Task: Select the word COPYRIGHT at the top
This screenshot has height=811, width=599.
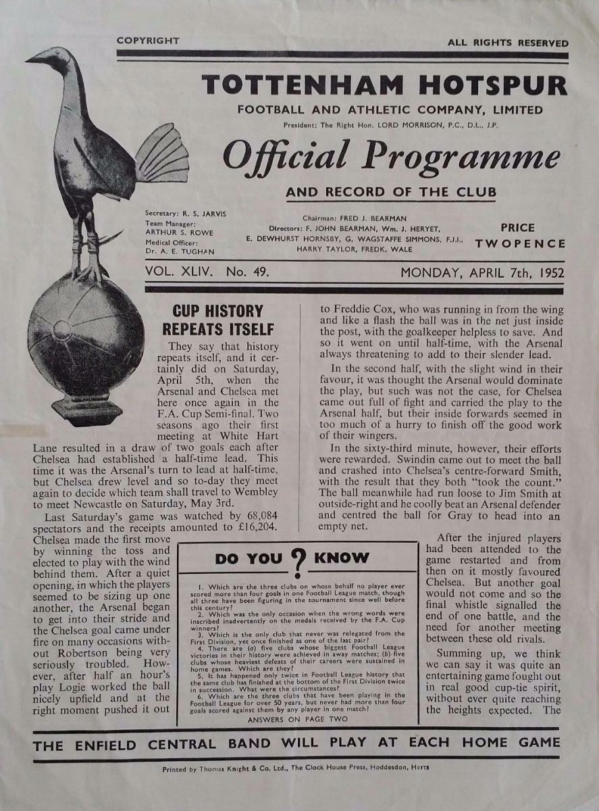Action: pos(148,41)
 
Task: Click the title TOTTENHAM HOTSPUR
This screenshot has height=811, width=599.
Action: pos(384,85)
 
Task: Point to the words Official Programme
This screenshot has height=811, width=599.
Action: pos(391,157)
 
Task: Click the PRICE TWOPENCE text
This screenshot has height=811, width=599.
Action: pos(518,236)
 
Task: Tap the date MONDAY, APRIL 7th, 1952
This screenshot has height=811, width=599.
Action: pos(482,273)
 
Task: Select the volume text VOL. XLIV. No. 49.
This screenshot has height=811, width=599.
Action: pos(207,273)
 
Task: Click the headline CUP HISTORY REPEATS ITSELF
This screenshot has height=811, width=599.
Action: pos(217,320)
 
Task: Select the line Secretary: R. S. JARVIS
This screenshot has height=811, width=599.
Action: pos(186,214)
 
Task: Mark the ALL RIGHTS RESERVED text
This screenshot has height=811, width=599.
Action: pos(507,43)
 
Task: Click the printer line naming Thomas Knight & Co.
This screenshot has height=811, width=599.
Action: pos(296,768)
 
